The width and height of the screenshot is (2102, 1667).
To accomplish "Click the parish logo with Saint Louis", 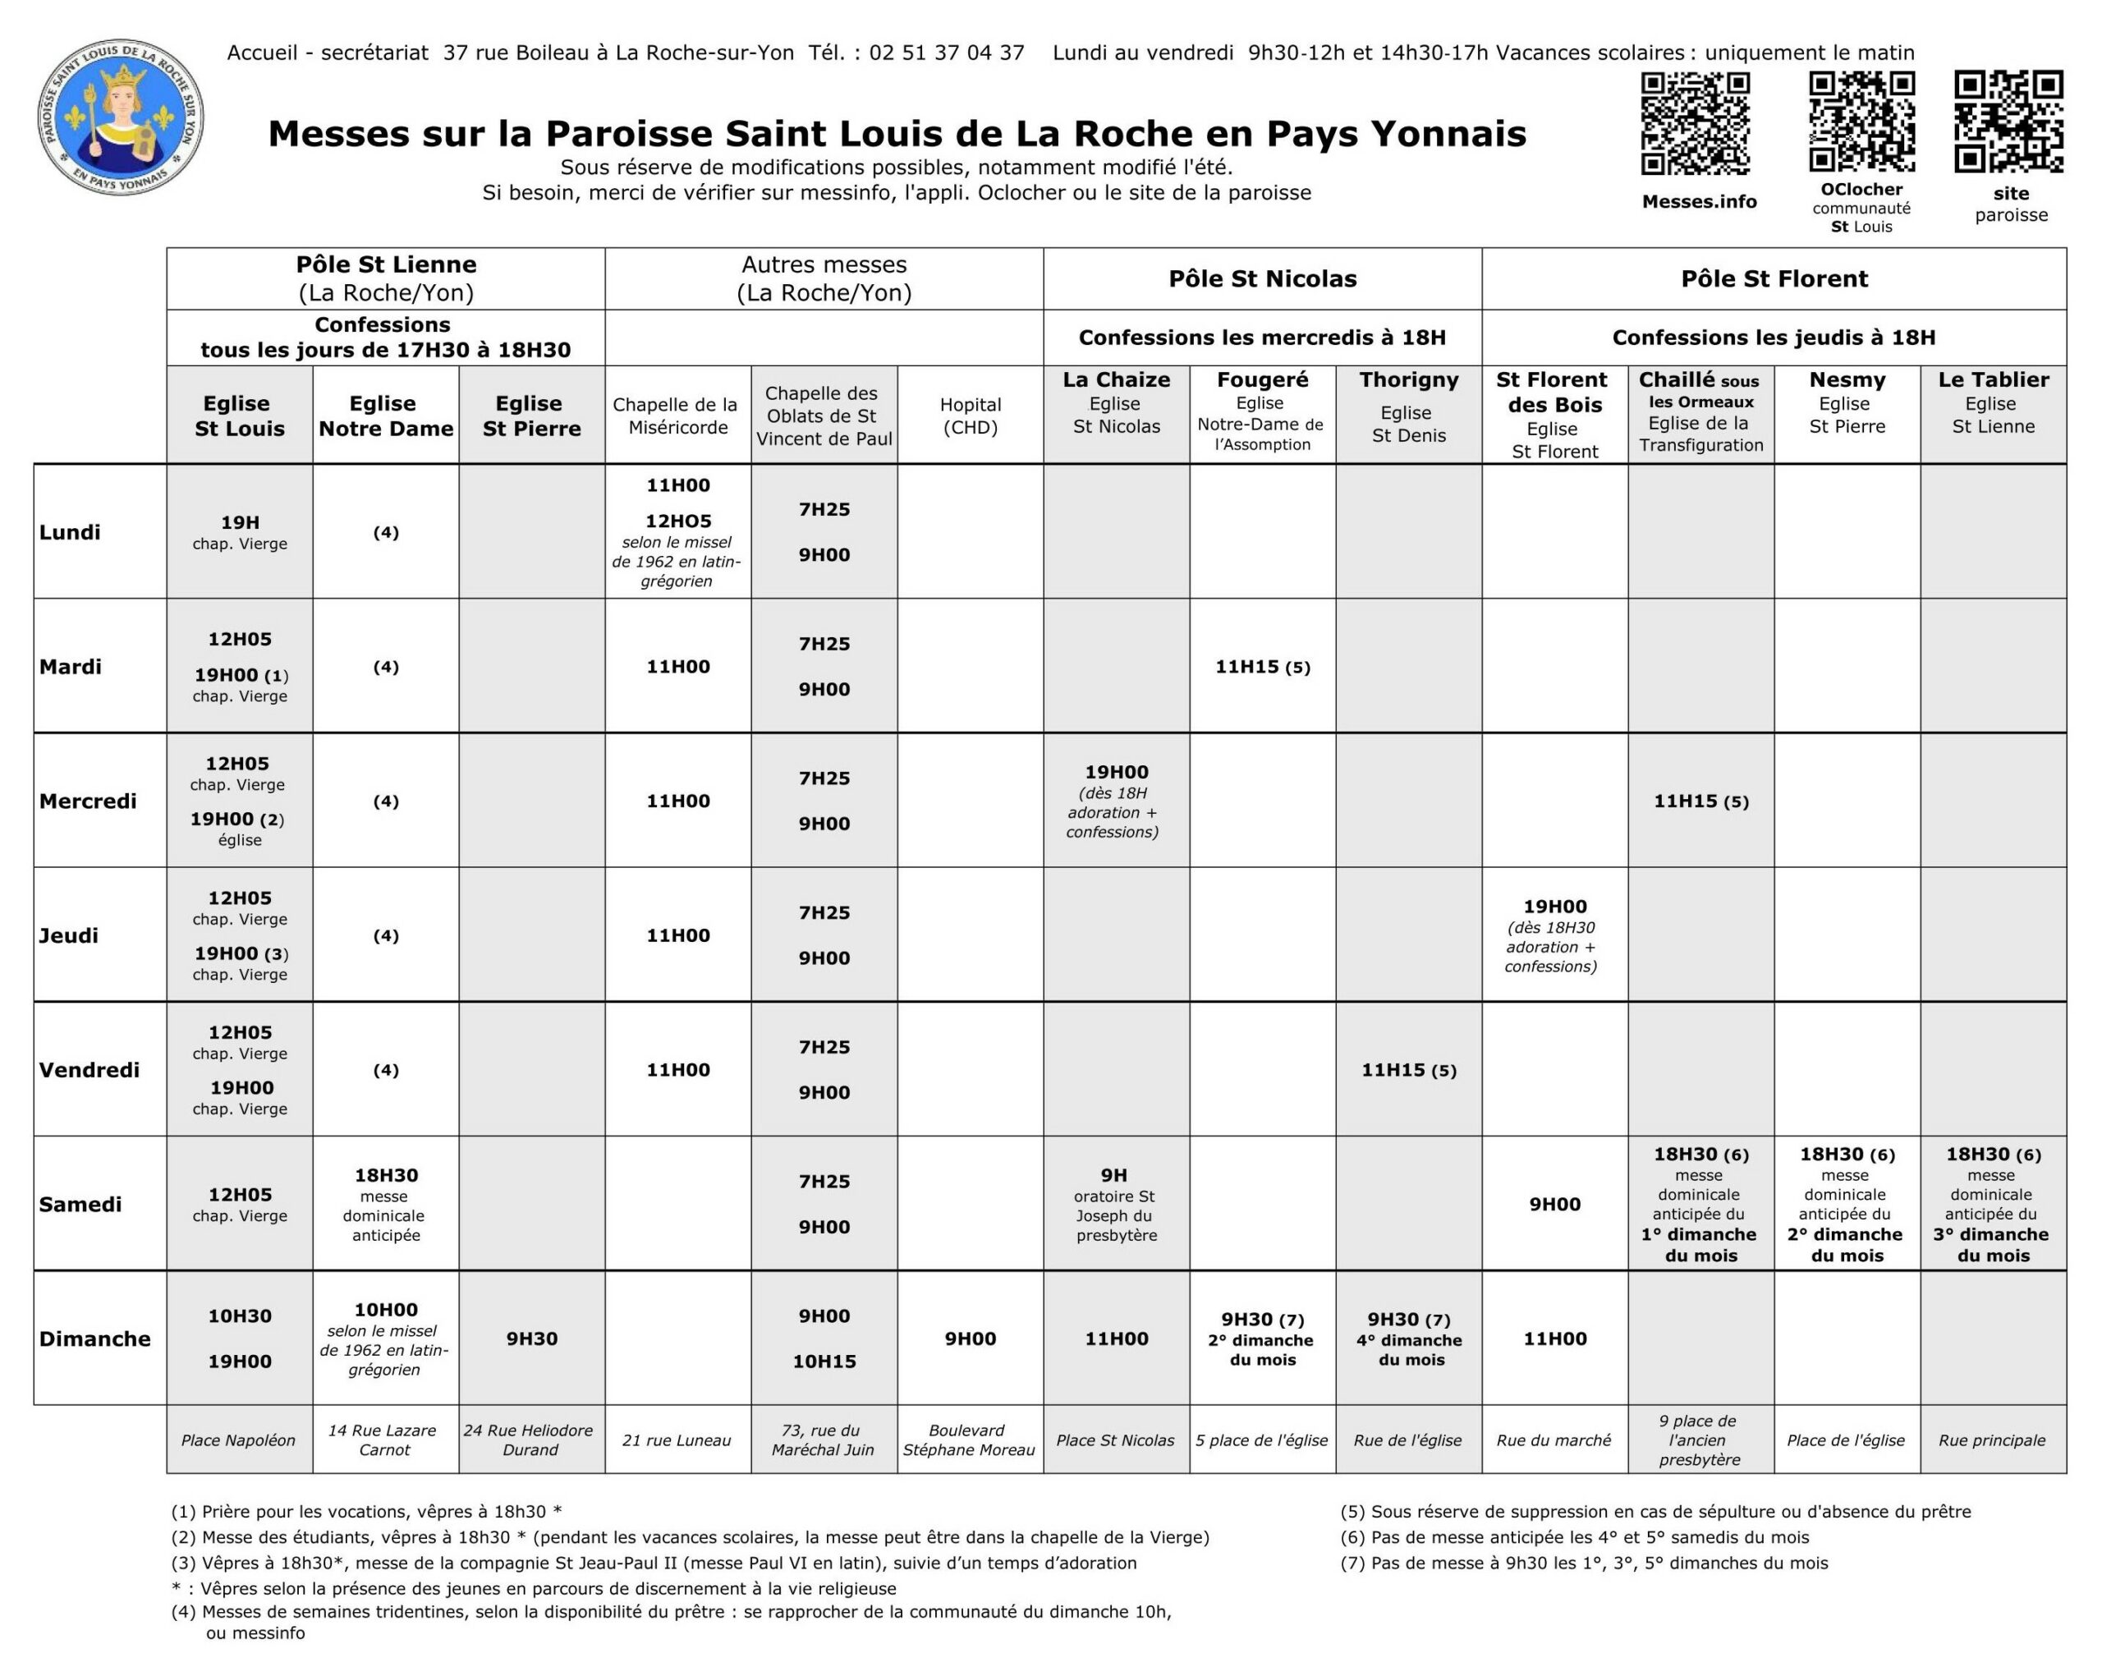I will tap(121, 116).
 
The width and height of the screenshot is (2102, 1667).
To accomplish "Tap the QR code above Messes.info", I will tap(1696, 124).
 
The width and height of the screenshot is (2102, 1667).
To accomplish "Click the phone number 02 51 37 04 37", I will tap(946, 53).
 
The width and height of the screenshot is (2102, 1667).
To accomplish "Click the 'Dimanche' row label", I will tap(94, 1339).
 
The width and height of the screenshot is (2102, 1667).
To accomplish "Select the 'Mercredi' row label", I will tap(88, 801).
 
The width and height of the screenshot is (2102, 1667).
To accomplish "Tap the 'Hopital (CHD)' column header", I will tap(970, 416).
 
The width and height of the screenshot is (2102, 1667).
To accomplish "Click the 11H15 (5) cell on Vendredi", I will tap(1408, 1070).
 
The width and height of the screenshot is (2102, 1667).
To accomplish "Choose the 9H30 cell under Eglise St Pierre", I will tap(531, 1339).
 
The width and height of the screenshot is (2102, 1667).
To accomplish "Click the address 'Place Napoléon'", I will tap(239, 1440).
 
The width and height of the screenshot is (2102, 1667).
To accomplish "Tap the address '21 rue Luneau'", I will tap(677, 1440).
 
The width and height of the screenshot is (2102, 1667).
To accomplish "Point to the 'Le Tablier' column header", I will tap(1993, 380).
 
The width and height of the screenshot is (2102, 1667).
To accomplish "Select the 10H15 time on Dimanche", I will tap(824, 1361).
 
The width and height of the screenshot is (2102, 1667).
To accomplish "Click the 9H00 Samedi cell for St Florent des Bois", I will tap(1554, 1204).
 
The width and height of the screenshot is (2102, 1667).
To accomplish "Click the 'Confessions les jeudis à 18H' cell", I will tap(1773, 338).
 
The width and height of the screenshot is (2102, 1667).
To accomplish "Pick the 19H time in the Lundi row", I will tap(239, 522).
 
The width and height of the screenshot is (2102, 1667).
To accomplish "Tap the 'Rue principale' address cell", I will tap(1992, 1440).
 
